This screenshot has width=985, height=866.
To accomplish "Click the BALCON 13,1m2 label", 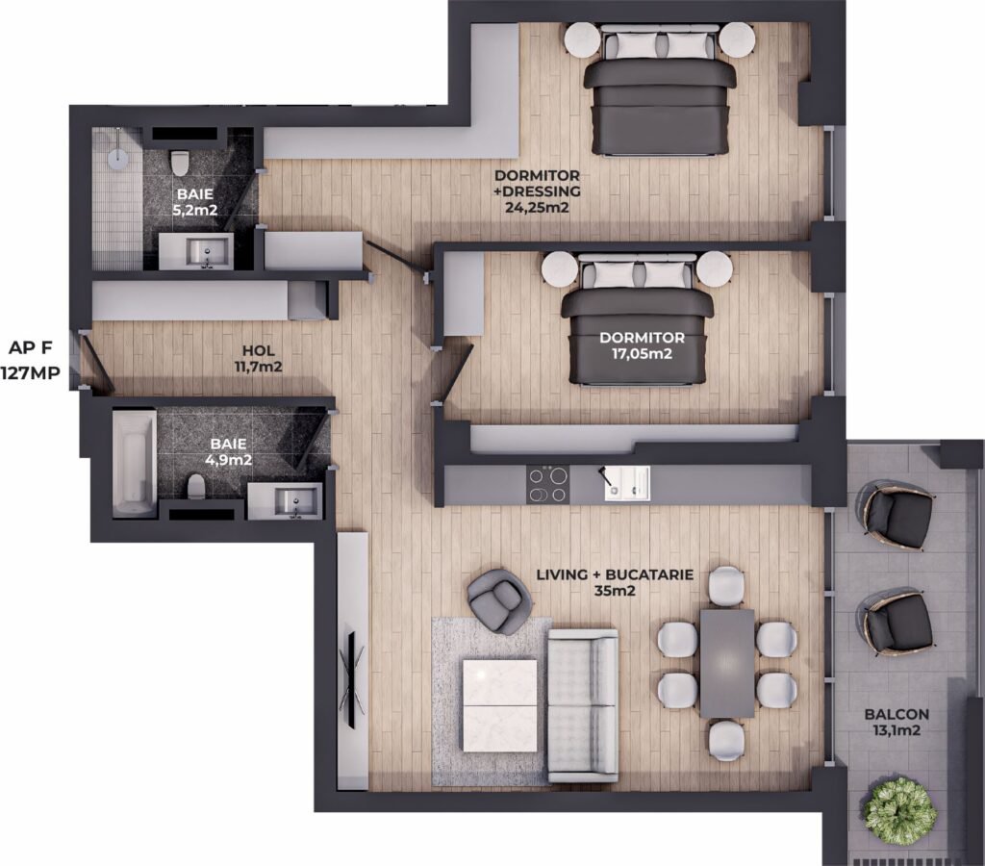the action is (897, 722).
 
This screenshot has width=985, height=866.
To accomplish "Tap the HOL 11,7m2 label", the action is (258, 359).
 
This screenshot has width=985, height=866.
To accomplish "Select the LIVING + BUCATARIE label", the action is (615, 574).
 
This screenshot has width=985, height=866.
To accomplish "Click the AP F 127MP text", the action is (31, 360).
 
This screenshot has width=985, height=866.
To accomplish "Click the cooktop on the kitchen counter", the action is (547, 485).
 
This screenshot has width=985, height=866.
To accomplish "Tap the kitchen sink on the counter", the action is (627, 483).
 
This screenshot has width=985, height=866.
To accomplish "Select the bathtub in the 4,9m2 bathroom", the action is (135, 464).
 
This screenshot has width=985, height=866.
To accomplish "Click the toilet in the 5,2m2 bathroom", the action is (180, 162).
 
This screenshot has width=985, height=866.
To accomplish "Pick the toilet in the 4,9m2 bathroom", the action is (196, 487).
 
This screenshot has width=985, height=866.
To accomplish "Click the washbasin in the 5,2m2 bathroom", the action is (208, 253).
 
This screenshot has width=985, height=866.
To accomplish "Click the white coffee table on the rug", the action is (500, 705).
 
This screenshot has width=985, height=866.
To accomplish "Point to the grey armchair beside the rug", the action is (497, 600).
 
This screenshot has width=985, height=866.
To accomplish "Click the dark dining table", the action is (727, 663).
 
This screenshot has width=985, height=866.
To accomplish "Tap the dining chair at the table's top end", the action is (727, 584).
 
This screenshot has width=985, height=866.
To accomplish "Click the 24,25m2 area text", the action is (537, 207).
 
